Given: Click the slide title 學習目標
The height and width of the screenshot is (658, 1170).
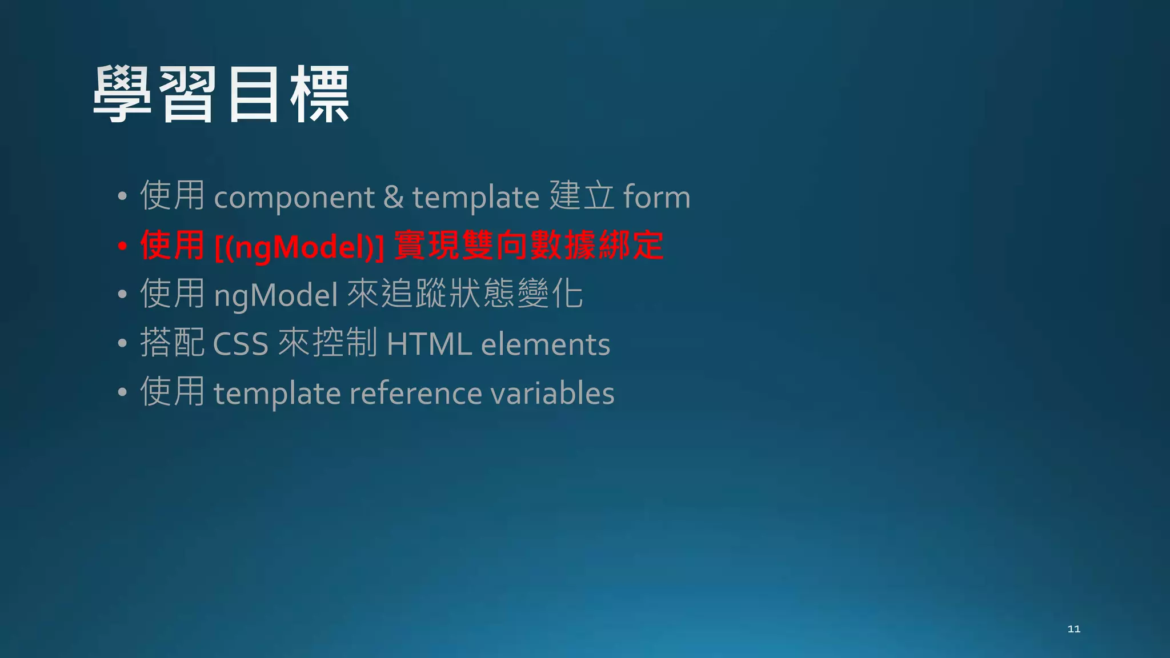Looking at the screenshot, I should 221,94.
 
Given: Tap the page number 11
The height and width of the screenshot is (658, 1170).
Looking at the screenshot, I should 1073,629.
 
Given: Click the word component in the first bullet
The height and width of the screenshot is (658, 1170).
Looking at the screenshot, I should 294,198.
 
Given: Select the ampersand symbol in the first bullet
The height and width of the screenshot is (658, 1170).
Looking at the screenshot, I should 393,196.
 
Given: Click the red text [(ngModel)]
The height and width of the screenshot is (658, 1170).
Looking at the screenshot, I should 299,247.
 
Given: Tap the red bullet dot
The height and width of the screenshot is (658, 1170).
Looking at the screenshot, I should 122,246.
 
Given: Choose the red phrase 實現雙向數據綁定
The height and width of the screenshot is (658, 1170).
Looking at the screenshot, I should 529,246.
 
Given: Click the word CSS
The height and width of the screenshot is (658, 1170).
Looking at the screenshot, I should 241,344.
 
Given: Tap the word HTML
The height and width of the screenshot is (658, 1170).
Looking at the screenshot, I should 429,344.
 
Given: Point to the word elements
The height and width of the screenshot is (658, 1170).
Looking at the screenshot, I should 546,344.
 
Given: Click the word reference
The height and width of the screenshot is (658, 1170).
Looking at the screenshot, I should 415,394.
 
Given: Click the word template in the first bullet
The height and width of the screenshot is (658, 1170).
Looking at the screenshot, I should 476,198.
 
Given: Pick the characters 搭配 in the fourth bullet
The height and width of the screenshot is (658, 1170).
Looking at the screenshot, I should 172,343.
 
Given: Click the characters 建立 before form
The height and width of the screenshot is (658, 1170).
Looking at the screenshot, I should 582,196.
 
